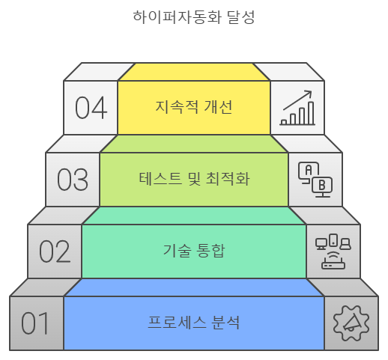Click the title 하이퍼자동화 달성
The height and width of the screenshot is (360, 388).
[x=194, y=17]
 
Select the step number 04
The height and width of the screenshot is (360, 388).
[x=91, y=108]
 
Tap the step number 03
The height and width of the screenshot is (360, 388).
[x=73, y=180]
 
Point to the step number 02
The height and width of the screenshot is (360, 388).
[x=55, y=251]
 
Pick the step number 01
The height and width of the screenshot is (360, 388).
[x=35, y=323]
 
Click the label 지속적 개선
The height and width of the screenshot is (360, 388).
[x=194, y=107]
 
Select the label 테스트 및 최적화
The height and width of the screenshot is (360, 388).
[x=194, y=179]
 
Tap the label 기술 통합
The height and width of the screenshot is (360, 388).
[x=194, y=251]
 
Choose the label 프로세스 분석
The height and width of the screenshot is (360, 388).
[x=194, y=323]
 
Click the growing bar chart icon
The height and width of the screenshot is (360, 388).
[x=297, y=108]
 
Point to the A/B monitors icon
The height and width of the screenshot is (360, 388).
[x=315, y=180]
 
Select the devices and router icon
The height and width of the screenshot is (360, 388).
[x=333, y=251]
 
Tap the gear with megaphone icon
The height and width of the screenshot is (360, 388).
[x=351, y=323]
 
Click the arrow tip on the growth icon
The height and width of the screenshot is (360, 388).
[x=312, y=91]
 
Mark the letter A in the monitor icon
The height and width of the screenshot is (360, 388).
[x=309, y=170]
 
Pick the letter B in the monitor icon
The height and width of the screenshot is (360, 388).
[x=322, y=185]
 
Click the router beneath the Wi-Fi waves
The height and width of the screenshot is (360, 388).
[x=333, y=265]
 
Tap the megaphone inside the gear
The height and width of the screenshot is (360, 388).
[x=352, y=323]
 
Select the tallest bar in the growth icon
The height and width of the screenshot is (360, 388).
[x=311, y=113]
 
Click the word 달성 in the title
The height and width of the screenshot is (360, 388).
[x=240, y=17]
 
